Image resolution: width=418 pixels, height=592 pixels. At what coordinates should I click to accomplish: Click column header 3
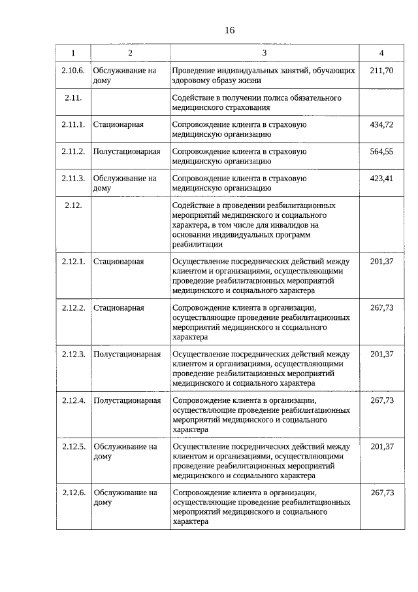264,53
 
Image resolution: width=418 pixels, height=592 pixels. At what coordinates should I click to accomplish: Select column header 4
381,53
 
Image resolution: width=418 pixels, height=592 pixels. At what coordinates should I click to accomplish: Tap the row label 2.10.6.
73,70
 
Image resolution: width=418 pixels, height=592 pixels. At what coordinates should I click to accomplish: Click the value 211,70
381,70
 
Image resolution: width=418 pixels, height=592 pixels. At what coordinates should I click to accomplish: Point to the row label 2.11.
72,97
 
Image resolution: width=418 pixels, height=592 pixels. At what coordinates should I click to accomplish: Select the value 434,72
381,124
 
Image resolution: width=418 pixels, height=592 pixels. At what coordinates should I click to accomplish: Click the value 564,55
381,151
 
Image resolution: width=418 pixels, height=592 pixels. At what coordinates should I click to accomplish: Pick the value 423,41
381,178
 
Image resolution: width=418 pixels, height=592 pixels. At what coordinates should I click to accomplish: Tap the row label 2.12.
72,205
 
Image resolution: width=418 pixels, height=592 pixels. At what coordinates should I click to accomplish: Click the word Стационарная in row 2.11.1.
118,124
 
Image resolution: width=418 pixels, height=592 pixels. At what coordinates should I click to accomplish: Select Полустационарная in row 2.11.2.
127,151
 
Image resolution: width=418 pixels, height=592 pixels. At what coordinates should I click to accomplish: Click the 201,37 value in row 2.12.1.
381,262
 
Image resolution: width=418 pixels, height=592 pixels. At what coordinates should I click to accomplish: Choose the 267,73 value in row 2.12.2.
381,307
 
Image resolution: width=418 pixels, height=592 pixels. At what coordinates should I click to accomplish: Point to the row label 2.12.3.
73,354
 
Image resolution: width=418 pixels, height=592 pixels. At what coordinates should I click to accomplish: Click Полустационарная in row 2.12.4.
127,400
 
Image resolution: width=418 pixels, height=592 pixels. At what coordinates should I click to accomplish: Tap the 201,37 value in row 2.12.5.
381,447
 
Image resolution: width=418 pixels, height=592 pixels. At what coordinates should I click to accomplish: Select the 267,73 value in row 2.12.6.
382,493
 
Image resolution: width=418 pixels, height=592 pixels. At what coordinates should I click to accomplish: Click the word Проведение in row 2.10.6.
194,70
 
